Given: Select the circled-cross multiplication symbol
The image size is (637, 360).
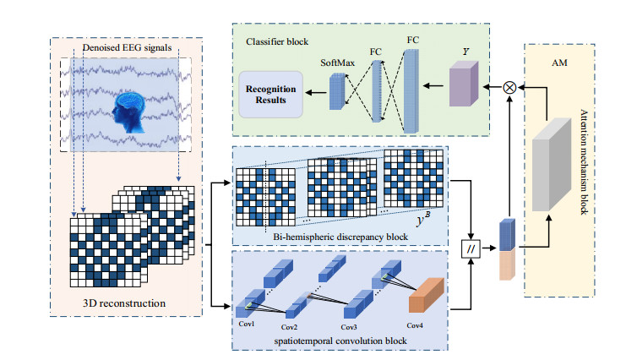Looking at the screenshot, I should tap(509, 88).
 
